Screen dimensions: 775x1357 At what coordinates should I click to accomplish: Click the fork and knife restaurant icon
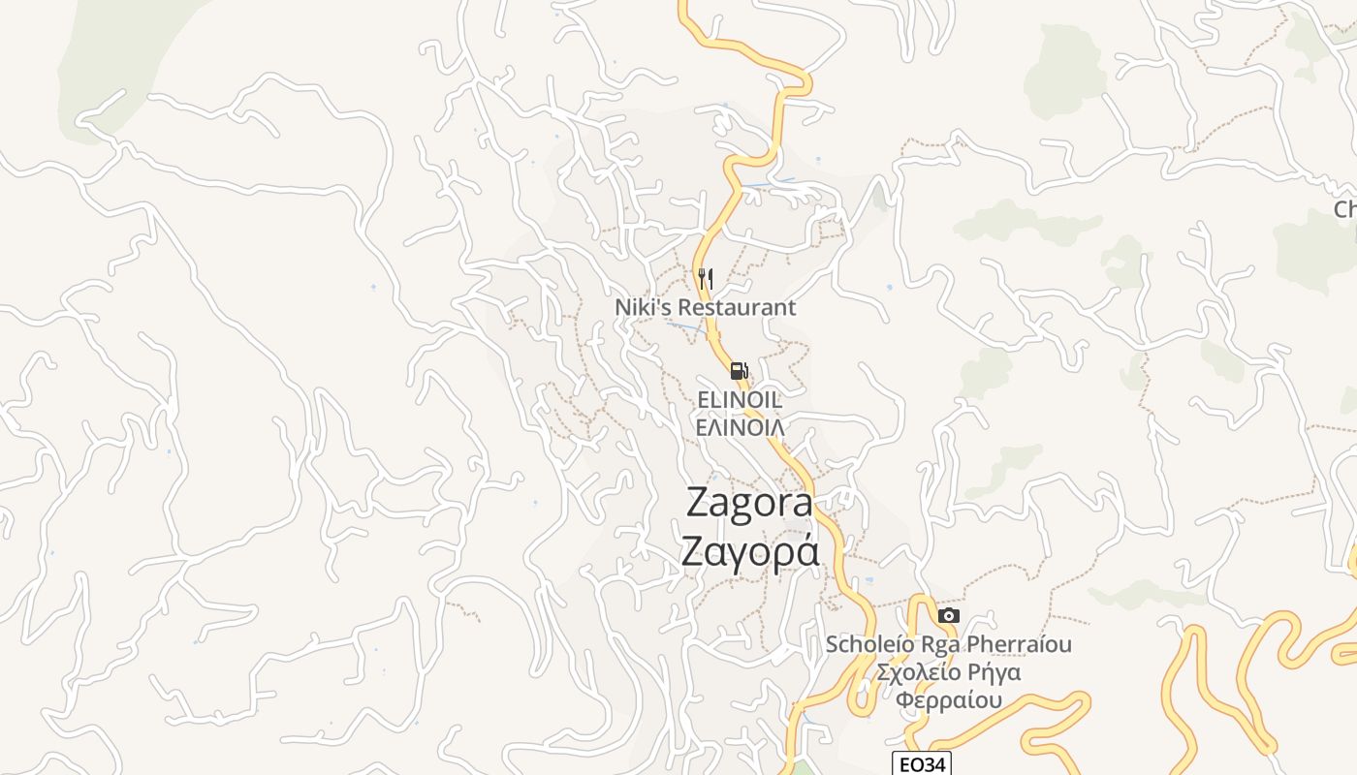tap(706, 279)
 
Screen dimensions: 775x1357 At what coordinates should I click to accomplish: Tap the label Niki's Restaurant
tap(705, 307)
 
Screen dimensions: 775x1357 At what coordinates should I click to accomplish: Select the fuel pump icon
tap(739, 370)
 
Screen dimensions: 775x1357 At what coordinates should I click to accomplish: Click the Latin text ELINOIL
tap(740, 399)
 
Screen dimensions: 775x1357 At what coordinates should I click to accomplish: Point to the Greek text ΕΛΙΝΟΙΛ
tap(740, 425)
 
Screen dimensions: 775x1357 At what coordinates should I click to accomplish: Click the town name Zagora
tap(749, 503)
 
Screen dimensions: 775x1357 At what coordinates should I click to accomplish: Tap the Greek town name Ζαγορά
tap(749, 551)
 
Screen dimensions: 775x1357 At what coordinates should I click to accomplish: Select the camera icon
tap(949, 615)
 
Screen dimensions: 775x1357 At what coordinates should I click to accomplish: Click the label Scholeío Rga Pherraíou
tap(948, 644)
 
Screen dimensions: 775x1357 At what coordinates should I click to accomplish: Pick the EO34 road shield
tap(922, 764)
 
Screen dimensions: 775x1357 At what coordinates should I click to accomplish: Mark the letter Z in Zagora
tap(699, 503)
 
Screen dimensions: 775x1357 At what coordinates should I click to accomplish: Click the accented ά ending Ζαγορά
tap(805, 551)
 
